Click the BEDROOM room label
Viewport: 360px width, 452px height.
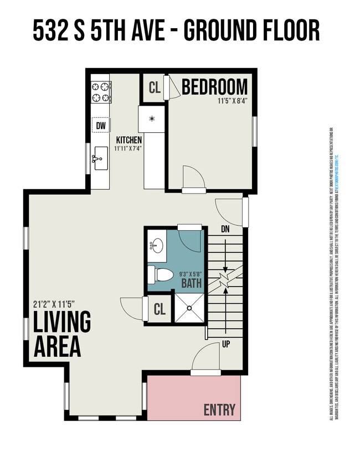(x=214, y=87)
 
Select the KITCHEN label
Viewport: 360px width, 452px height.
(x=128, y=141)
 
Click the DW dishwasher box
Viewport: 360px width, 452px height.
(x=101, y=126)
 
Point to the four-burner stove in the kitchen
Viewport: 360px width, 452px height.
(x=101, y=92)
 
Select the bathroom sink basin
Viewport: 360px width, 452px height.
(x=157, y=245)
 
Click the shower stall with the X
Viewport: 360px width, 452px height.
(x=189, y=308)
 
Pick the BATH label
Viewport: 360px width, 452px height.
(x=192, y=284)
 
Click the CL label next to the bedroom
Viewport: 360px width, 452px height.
(x=154, y=88)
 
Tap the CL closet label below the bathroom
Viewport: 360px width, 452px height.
(x=160, y=310)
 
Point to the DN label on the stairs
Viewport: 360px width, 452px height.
(x=225, y=228)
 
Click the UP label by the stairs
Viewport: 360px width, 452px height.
(x=225, y=344)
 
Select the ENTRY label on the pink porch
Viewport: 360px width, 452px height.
(x=219, y=410)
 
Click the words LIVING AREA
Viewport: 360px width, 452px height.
(x=61, y=335)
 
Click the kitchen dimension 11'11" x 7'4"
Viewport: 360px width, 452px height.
(x=128, y=149)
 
